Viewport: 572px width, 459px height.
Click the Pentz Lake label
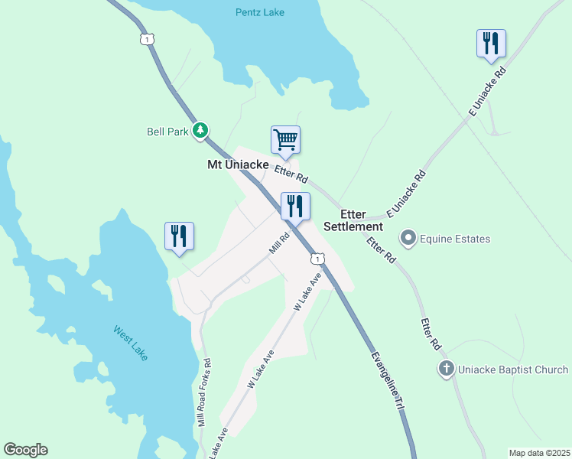click(x=258, y=13)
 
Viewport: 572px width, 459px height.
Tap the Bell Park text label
click(x=167, y=132)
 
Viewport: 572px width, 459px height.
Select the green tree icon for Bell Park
click(x=200, y=131)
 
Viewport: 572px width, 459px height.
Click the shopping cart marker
click(x=285, y=140)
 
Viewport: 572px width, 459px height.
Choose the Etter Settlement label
click(x=353, y=221)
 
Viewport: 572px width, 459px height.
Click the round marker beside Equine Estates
click(x=408, y=239)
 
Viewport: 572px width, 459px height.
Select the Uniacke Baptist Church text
click(x=513, y=370)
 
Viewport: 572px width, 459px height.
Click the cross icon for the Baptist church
click(x=447, y=369)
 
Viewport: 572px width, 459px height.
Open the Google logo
click(x=25, y=450)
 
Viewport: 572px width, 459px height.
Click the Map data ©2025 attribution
click(x=539, y=453)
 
